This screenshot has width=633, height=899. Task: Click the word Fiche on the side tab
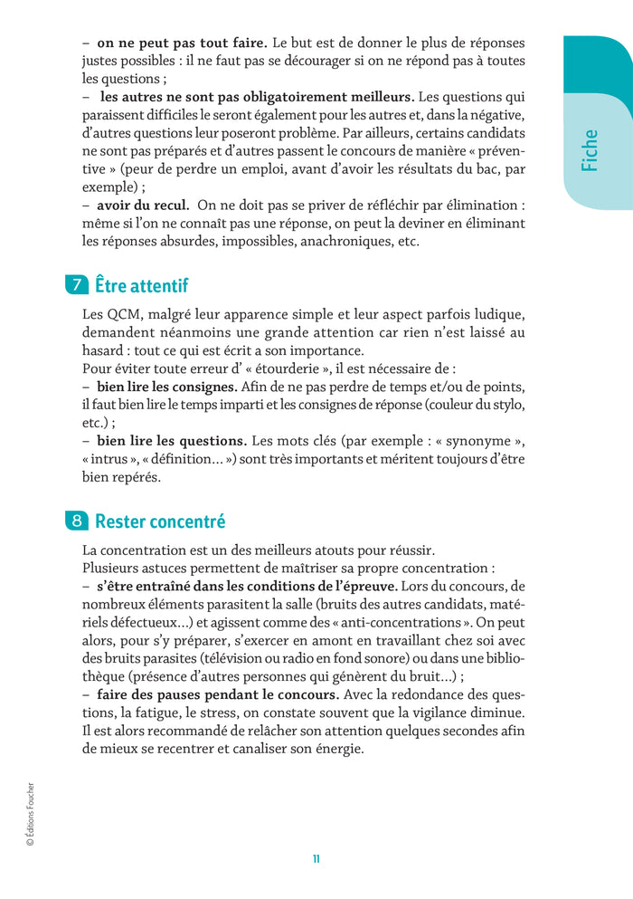(x=590, y=149)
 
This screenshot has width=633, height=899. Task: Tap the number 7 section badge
(x=77, y=285)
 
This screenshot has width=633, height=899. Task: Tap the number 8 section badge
(x=77, y=521)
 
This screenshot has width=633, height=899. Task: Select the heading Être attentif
(x=141, y=285)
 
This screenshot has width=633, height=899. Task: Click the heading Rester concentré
(x=160, y=521)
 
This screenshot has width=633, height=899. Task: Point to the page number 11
(x=316, y=859)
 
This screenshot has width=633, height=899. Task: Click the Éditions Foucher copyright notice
(x=30, y=814)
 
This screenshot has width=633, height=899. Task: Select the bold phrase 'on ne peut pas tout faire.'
(x=182, y=43)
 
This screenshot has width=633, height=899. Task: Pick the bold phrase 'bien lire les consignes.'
(x=167, y=387)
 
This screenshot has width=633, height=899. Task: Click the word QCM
(x=120, y=314)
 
